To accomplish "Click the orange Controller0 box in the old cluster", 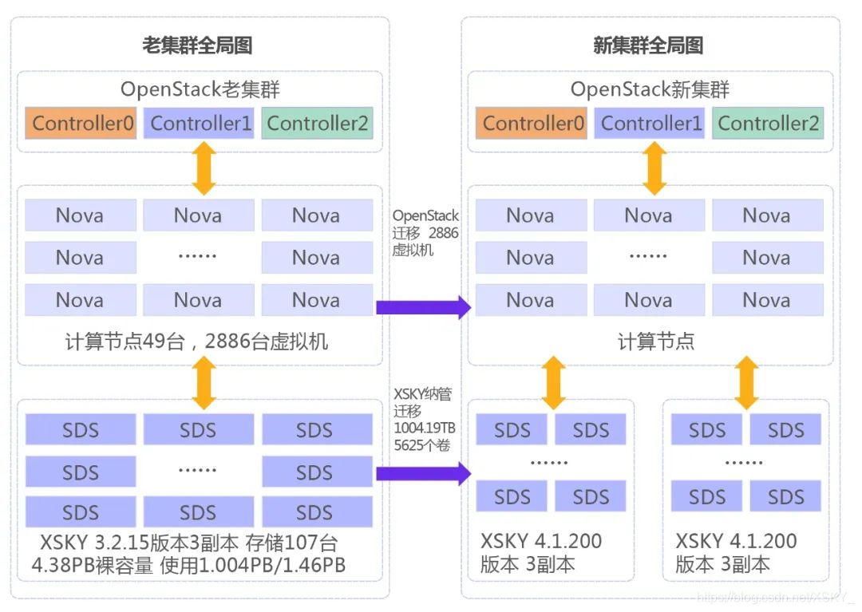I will pyautogui.click(x=84, y=124).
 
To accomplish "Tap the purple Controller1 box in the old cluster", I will pyautogui.click(x=201, y=124).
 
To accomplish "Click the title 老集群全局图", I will pyautogui.click(x=197, y=45).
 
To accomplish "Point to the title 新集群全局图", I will pyautogui.click(x=648, y=45).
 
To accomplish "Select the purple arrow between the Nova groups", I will pyautogui.click(x=423, y=306).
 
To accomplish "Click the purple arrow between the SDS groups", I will pyautogui.click(x=423, y=474).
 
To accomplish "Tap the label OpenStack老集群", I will pyautogui.click(x=200, y=89).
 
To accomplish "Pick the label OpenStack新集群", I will pyautogui.click(x=650, y=89).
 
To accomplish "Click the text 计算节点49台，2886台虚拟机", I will pyautogui.click(x=197, y=342).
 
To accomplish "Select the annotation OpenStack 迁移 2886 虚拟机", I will pyautogui.click(x=425, y=231).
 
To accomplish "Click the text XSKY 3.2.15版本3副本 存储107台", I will pyautogui.click(x=189, y=543).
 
